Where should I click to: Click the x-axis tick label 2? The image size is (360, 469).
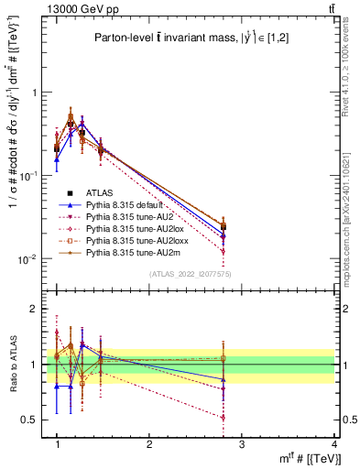coord(149,444)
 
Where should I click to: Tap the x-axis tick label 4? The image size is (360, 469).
coord(334,444)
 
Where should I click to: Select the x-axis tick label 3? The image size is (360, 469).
coord(242,444)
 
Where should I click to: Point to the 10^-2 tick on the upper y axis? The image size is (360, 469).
coord(31,259)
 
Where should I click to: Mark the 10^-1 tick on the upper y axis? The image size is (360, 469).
coord(31,176)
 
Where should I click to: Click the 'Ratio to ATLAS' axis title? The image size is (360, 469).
coord(12,364)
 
